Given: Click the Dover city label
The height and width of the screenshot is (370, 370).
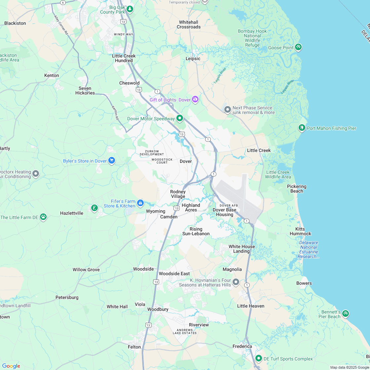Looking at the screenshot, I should pos(186,162).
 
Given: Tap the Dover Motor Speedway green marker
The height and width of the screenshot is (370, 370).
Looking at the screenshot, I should pos(180,118).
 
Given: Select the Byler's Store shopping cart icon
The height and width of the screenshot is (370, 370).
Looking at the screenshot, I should pos(112,161).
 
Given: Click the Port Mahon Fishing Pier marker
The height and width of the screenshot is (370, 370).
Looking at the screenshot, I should pos(302,128).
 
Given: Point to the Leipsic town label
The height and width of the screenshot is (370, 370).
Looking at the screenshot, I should pos(193,59).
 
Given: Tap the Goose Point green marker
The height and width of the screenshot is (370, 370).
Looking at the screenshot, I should pos(298,47).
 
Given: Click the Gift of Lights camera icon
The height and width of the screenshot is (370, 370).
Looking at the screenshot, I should pos(195,99).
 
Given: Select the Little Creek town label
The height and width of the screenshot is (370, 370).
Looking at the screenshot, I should pos(259,150).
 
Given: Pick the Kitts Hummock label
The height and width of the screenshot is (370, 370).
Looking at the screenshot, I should pos(300,231).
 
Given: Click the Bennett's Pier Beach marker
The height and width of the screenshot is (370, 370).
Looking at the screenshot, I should pos(345,313).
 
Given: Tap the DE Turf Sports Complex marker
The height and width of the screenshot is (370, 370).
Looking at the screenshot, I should pos(259,358).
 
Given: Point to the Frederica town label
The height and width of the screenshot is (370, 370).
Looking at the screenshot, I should pos(242,347).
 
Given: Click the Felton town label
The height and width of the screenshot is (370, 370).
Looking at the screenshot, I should pos(134,347).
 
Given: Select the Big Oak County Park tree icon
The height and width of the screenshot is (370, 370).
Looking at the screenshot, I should pos(130,9).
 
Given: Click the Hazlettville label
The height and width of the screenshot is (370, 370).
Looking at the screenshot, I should pos(72,213).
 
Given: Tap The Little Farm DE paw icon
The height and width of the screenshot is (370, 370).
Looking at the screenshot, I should pos(43,217).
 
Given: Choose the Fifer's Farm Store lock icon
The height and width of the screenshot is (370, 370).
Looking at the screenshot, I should pos(140,203).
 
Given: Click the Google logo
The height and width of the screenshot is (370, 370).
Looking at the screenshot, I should pos(11,366).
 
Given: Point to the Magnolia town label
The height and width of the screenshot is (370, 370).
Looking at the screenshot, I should pos(232,270).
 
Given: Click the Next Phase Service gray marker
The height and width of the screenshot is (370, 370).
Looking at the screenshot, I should pos(227,109).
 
